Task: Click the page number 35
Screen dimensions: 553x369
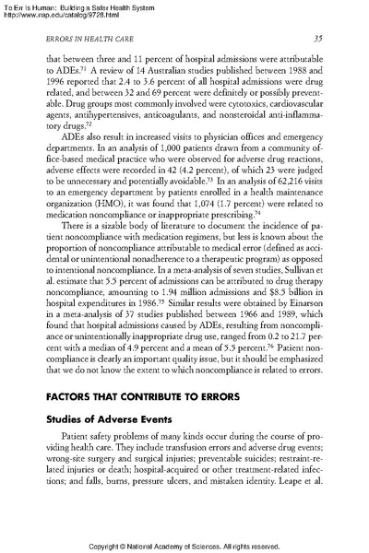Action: point(315,38)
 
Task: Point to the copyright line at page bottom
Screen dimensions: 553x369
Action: point(184,546)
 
